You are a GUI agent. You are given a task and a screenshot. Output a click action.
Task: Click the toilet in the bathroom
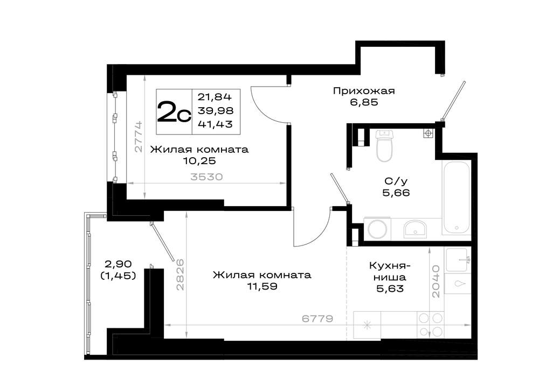point(384,145)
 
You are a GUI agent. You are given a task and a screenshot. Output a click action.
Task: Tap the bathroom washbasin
point(415,229)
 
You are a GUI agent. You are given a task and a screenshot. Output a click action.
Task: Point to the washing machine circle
point(377,229)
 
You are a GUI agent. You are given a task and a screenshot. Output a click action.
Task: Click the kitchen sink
point(457,260)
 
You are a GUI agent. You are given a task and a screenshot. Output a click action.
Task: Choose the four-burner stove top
point(430,325)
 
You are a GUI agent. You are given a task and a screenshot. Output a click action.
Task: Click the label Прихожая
point(364,91)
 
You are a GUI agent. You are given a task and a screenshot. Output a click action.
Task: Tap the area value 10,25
point(199,160)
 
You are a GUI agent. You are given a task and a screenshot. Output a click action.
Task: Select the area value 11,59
point(262,286)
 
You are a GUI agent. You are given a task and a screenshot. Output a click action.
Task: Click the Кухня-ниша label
point(390,271)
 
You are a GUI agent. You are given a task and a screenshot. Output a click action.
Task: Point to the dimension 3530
point(206,177)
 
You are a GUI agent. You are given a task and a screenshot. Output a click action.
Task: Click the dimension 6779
point(317,319)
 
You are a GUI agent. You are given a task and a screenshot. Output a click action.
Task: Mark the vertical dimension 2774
point(138,136)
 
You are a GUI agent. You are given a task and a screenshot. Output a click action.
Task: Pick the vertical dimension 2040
point(436,281)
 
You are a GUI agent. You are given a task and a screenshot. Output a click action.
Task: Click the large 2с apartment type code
point(174,111)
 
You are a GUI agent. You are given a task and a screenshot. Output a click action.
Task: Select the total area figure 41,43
point(215,124)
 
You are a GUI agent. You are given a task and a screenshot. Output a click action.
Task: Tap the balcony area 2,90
point(118,264)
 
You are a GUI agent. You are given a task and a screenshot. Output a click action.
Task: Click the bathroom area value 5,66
point(396,193)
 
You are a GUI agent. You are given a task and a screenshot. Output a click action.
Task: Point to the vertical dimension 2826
point(180,275)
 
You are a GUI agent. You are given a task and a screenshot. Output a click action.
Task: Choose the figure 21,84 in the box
point(215,97)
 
